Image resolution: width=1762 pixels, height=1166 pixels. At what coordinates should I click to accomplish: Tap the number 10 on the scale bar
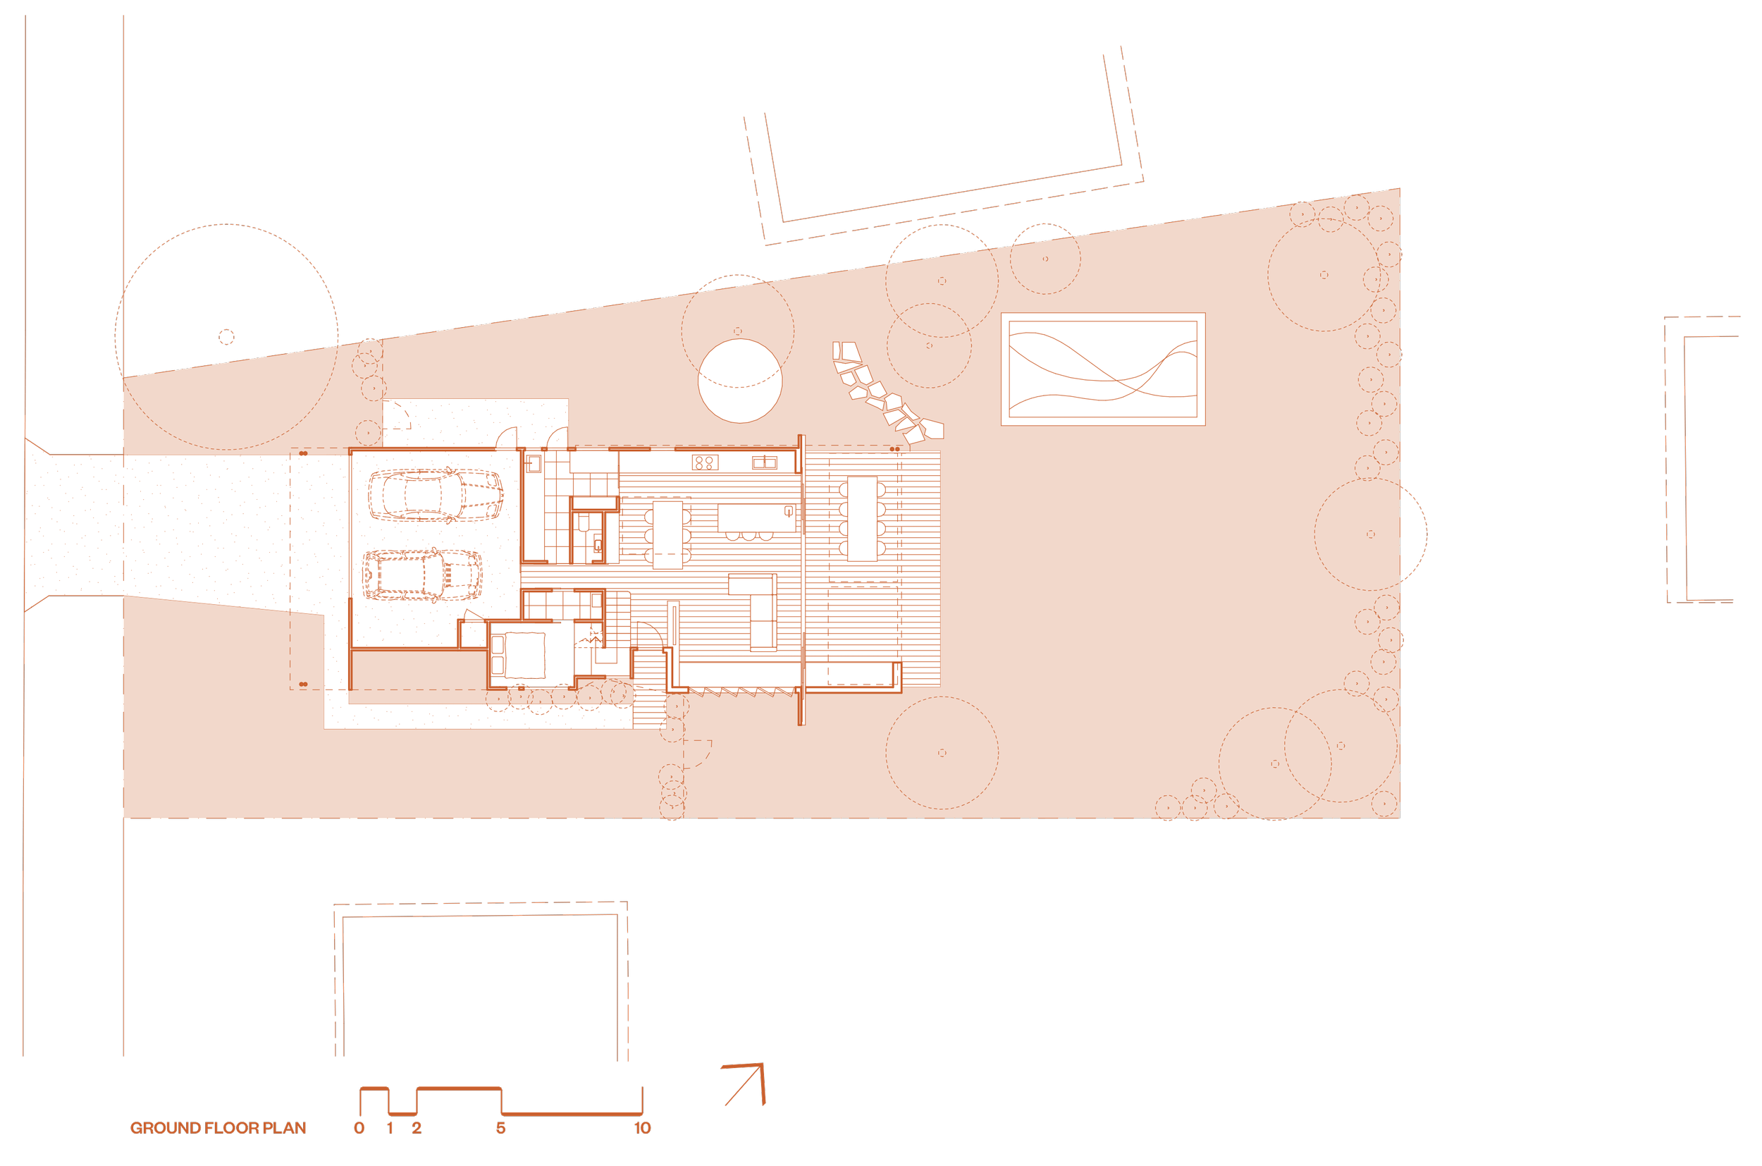tap(642, 1128)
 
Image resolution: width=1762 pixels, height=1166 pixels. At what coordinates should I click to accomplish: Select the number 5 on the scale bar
tap(500, 1128)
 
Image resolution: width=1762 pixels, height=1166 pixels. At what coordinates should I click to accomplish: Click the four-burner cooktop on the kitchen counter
tap(703, 462)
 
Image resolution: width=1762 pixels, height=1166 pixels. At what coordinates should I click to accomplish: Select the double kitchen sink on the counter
tap(764, 462)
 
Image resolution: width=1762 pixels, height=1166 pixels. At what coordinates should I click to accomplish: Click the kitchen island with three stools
tap(756, 517)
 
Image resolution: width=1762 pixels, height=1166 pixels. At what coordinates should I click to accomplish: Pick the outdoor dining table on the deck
tap(863, 518)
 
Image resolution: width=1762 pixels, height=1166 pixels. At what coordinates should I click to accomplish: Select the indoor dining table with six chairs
tap(667, 534)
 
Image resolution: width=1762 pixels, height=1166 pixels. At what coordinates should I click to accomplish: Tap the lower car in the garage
tap(422, 575)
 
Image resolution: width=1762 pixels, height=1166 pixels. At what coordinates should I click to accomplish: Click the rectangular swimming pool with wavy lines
tap(1102, 369)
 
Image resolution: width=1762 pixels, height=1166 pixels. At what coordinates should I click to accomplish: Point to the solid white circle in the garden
tap(740, 381)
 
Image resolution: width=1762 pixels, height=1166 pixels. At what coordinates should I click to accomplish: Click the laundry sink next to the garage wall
tap(534, 464)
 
